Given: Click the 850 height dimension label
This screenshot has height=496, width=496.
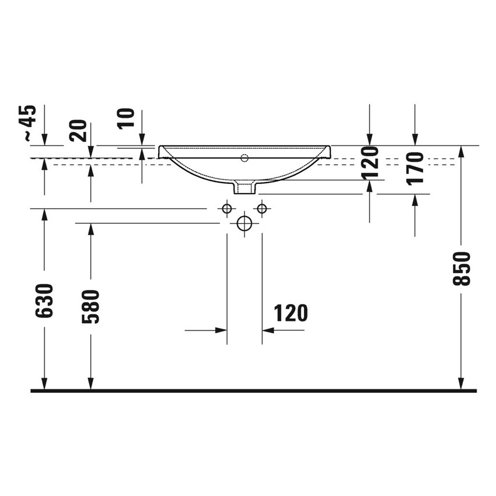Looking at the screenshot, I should [x=461, y=268].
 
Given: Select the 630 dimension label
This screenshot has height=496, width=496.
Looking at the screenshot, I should [x=45, y=301].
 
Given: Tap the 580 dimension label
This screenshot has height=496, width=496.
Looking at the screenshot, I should [x=90, y=306].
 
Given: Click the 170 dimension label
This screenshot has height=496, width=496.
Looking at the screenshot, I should [x=415, y=168].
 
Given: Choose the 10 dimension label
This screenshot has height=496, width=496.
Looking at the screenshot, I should [x=127, y=118].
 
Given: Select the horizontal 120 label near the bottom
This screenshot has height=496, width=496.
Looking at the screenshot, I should [x=291, y=313].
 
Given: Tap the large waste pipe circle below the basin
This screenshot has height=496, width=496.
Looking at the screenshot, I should [x=244, y=223].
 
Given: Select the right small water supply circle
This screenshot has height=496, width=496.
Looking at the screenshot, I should [x=262, y=208].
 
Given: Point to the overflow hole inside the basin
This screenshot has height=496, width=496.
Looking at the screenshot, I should [x=244, y=158].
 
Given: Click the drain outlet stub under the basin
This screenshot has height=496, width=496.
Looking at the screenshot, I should [x=244, y=187].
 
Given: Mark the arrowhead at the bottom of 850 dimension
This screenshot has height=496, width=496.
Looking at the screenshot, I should [x=461, y=383].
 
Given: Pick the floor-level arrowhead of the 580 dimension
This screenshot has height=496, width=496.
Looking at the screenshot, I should [x=90, y=383].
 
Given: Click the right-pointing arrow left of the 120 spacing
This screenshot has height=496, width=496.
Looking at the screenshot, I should [x=221, y=330].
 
